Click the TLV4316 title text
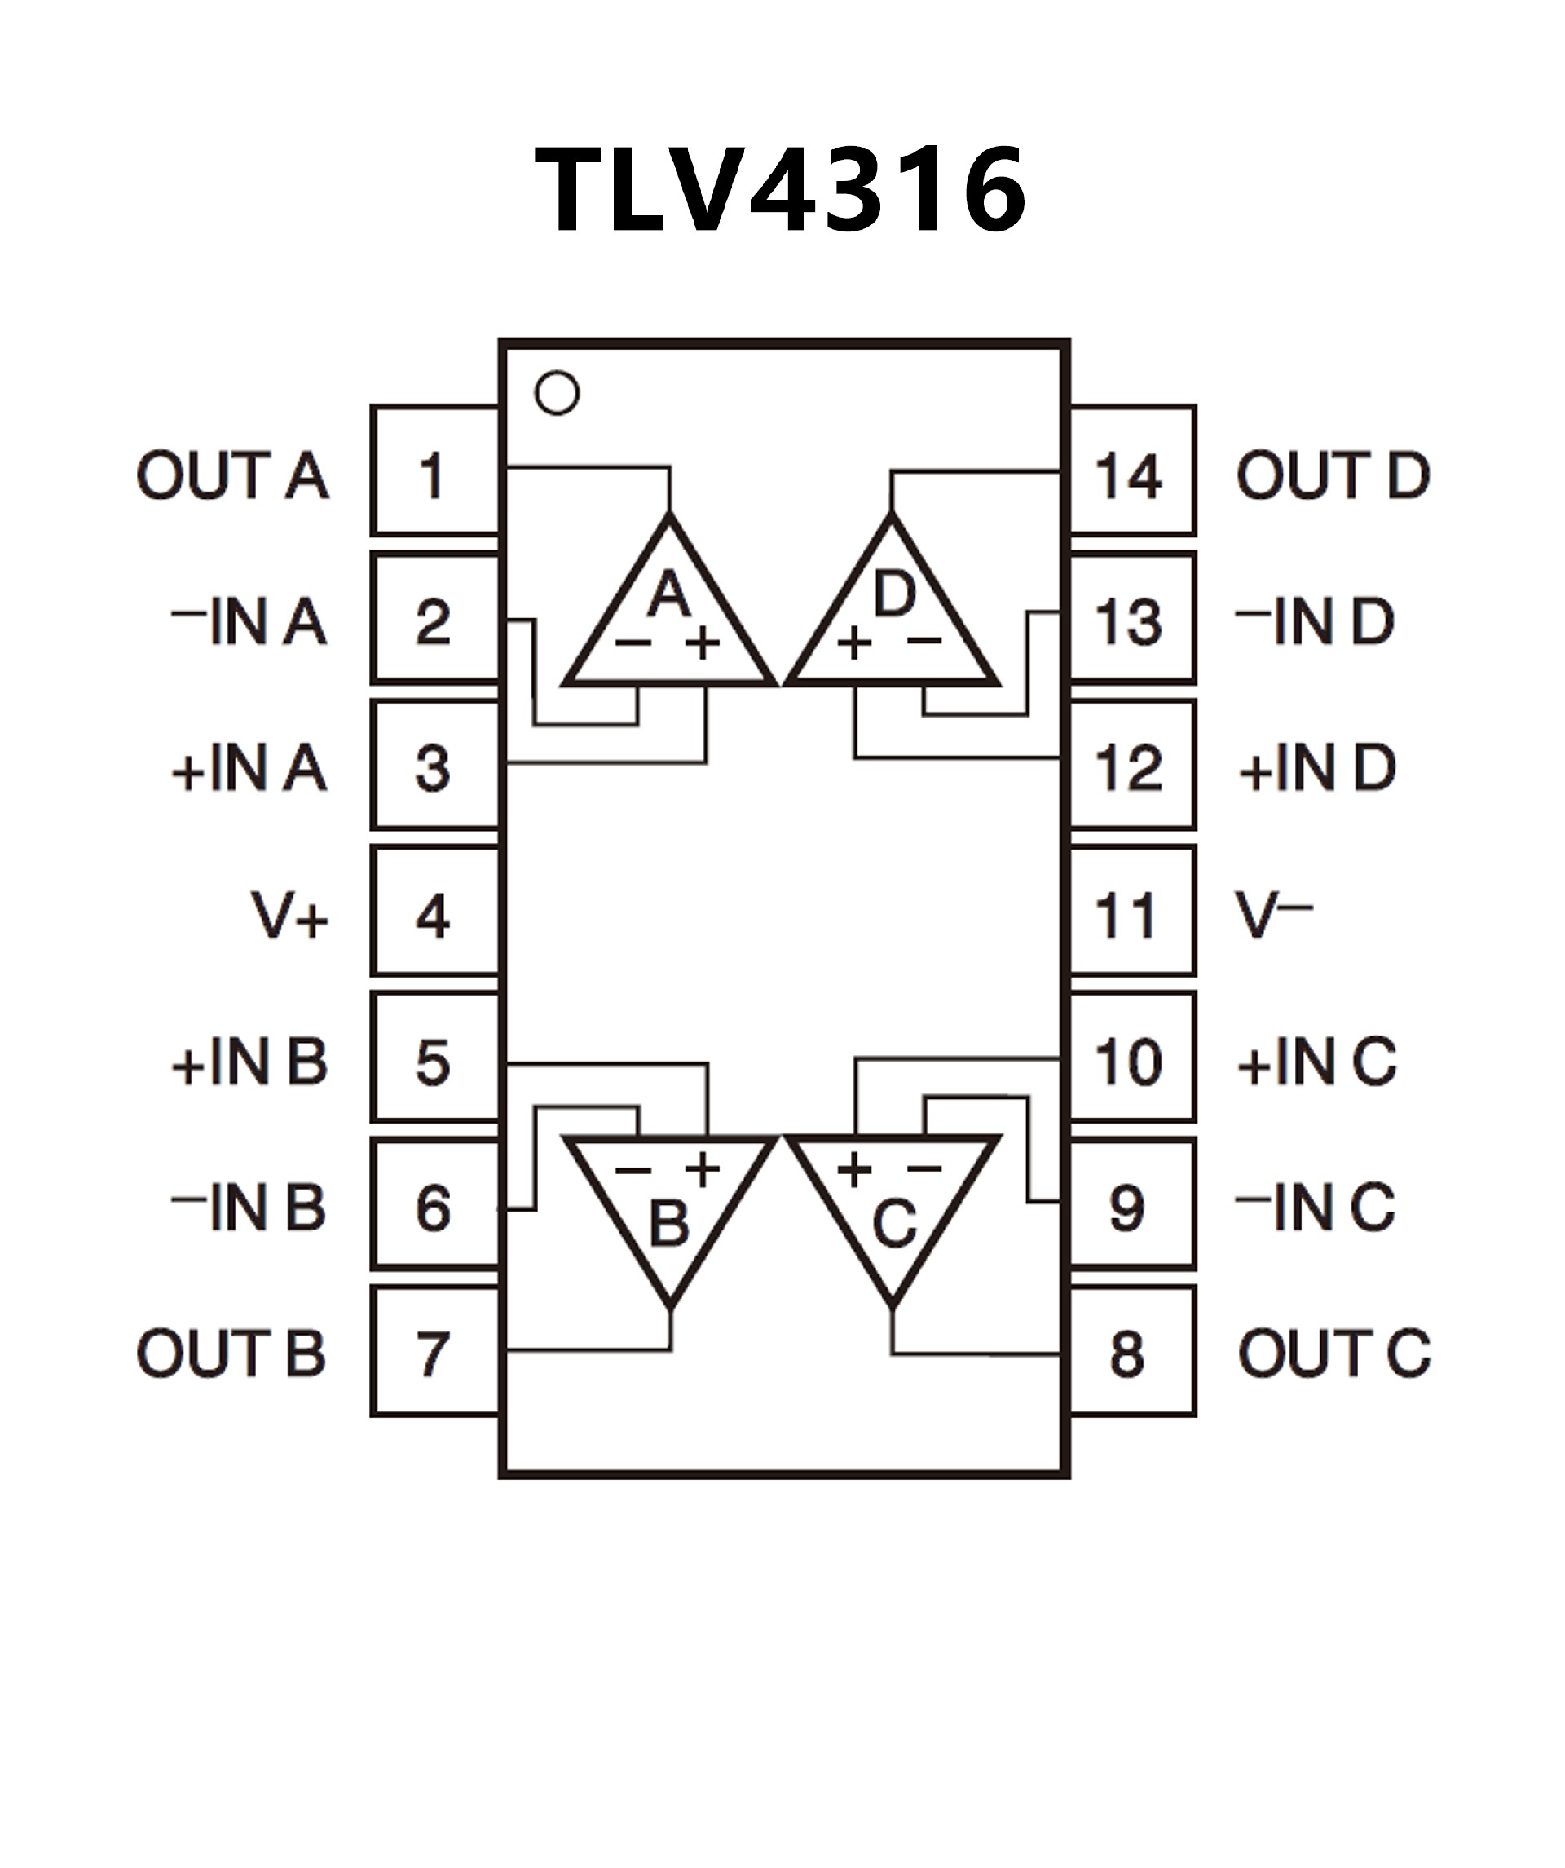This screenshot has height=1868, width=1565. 780,188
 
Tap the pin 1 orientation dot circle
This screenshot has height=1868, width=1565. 558,392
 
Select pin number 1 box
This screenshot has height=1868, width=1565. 434,471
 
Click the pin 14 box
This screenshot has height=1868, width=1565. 1132,471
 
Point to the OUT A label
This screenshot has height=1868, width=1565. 232,475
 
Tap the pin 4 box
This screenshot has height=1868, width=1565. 434,912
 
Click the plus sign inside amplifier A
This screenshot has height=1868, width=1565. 703,643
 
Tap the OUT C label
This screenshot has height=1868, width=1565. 1334,1354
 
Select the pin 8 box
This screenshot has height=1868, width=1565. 1132,1351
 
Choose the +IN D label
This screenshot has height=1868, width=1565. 1317,769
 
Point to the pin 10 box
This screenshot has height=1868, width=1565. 1132,1058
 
